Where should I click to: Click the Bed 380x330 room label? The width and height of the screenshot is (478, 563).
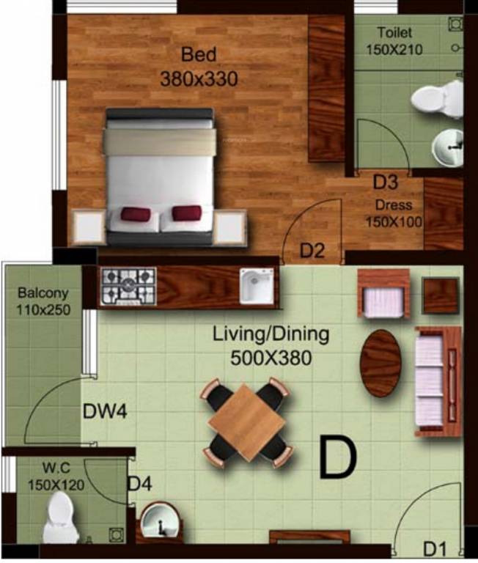tap(199, 67)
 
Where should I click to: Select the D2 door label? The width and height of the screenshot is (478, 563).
tap(312, 251)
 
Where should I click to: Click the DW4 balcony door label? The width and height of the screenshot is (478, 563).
tap(105, 412)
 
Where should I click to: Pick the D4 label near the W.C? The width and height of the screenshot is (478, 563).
tap(139, 484)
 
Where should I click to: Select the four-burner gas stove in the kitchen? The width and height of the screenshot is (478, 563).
tap(128, 286)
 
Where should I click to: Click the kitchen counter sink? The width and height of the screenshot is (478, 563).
tap(256, 286)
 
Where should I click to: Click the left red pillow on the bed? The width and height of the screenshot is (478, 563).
tap(135, 214)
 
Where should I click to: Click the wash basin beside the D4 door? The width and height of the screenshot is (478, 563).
tap(161, 523)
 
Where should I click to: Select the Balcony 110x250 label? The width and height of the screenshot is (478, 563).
tap(43, 301)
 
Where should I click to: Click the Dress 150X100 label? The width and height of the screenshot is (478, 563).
tap(394, 213)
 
